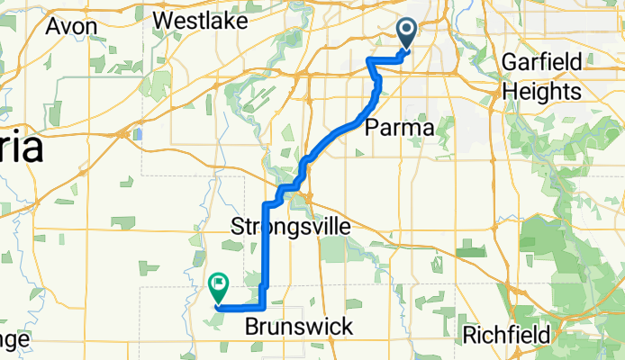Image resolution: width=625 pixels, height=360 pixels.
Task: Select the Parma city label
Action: click(399, 128)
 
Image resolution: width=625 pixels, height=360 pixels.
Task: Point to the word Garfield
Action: click(546, 65)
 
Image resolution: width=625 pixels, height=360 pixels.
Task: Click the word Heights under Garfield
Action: click(541, 92)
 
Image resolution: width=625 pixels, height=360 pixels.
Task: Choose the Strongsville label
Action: click(291, 226)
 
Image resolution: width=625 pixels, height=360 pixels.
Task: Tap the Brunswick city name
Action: click(299, 327)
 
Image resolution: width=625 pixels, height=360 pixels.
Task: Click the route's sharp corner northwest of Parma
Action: click(368, 59)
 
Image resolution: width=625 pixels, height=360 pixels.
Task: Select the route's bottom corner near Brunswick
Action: click(262, 308)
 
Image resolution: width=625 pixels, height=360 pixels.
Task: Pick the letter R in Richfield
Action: click(469, 336)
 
